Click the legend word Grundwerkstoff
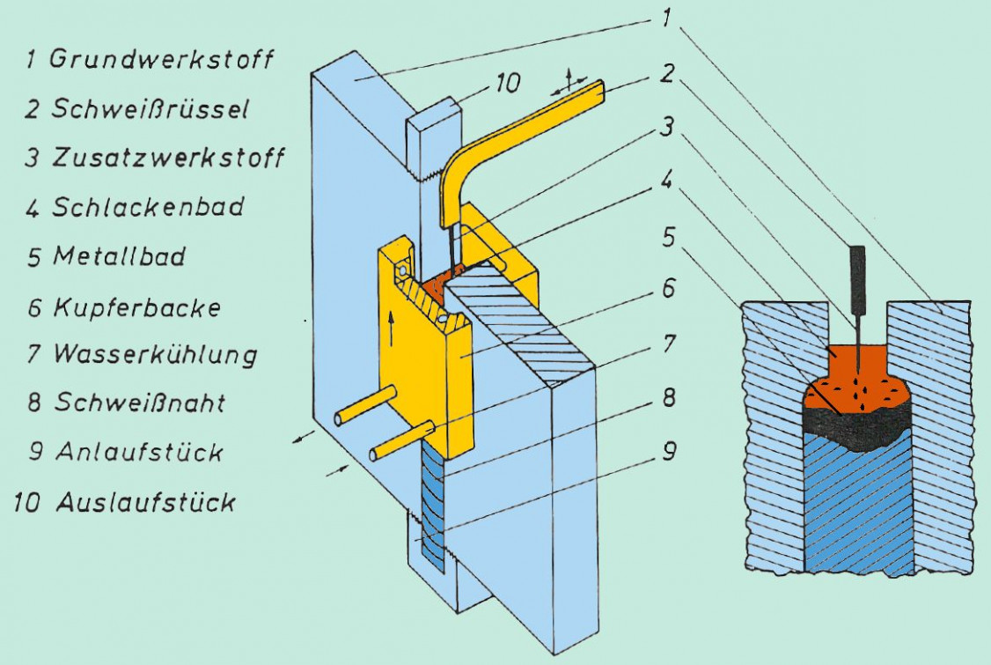coord(161,60)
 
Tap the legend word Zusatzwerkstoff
coord(167,159)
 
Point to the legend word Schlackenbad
coord(148,208)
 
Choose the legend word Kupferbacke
coord(136,307)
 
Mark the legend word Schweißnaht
coord(139,403)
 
